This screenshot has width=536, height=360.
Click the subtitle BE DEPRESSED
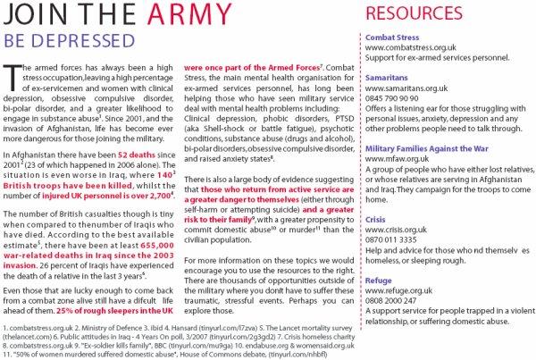(x=55, y=41)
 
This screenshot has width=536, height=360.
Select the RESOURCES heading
(x=417, y=15)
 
